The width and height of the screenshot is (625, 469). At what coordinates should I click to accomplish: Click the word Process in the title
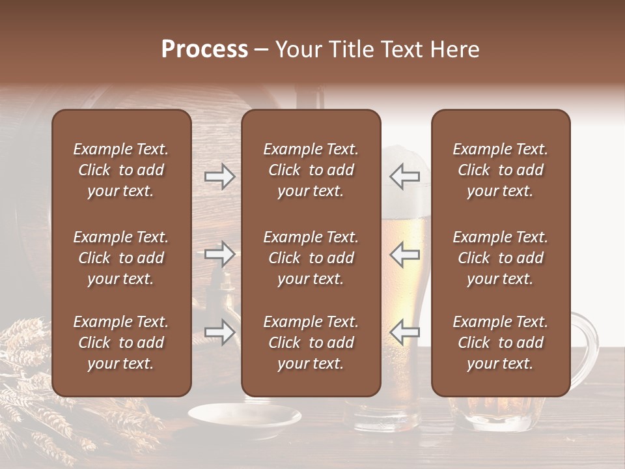point(204,50)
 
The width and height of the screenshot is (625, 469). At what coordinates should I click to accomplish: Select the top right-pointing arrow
point(219,177)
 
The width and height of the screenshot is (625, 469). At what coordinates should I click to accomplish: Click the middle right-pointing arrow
point(219,254)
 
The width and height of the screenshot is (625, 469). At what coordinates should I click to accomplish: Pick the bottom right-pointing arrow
point(219,332)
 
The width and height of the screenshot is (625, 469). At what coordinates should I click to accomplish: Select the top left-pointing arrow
point(404,177)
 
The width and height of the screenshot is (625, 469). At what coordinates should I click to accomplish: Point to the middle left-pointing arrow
point(404,254)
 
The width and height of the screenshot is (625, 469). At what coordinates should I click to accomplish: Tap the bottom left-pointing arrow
point(404,332)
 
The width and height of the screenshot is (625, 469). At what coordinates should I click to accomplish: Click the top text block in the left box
point(121,170)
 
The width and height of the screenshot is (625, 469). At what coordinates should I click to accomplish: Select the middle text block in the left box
point(121,258)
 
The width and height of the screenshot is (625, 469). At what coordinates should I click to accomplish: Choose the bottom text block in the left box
point(121,343)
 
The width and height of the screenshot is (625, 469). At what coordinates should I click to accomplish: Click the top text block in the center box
point(311,170)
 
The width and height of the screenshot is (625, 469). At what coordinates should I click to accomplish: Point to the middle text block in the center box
point(311,258)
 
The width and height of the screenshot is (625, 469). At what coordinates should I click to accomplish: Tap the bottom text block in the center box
point(311,343)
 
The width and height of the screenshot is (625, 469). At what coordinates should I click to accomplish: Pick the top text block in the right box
point(500,170)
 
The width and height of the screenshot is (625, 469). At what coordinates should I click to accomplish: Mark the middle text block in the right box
point(500,258)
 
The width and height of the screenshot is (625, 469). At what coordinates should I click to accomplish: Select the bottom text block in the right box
point(500,343)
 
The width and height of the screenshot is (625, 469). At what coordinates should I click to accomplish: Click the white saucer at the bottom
point(245,417)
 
